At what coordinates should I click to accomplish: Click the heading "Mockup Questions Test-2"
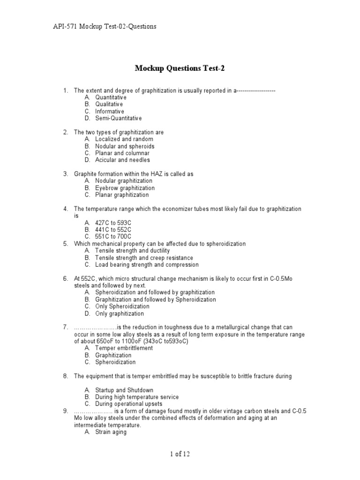pyautogui.click(x=180, y=68)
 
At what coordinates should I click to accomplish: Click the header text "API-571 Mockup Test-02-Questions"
pyautogui.click(x=103, y=27)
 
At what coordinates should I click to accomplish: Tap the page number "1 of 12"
pyautogui.click(x=180, y=454)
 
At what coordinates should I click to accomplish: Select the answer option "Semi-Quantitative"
pyautogui.click(x=118, y=119)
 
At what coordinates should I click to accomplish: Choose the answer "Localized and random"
pyautogui.click(x=124, y=139)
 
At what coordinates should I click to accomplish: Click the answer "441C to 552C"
pyautogui.click(x=113, y=230)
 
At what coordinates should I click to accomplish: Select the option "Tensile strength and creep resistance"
pyautogui.click(x=144, y=258)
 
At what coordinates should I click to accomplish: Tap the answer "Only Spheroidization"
pyautogui.click(x=120, y=307)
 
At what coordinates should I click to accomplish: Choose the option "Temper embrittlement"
pyautogui.click(x=124, y=348)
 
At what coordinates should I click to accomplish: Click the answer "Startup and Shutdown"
pyautogui.click(x=124, y=390)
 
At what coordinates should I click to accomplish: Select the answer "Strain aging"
pyautogui.click(x=111, y=432)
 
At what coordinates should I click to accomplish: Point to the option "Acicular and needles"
pyautogui.click(x=122, y=160)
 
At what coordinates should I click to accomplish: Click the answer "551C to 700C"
pyautogui.click(x=113, y=237)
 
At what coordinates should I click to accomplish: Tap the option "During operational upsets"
pyautogui.click(x=129, y=404)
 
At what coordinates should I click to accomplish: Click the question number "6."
pyautogui.click(x=66, y=278)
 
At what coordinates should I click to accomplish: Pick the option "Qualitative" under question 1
pyautogui.click(x=109, y=104)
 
